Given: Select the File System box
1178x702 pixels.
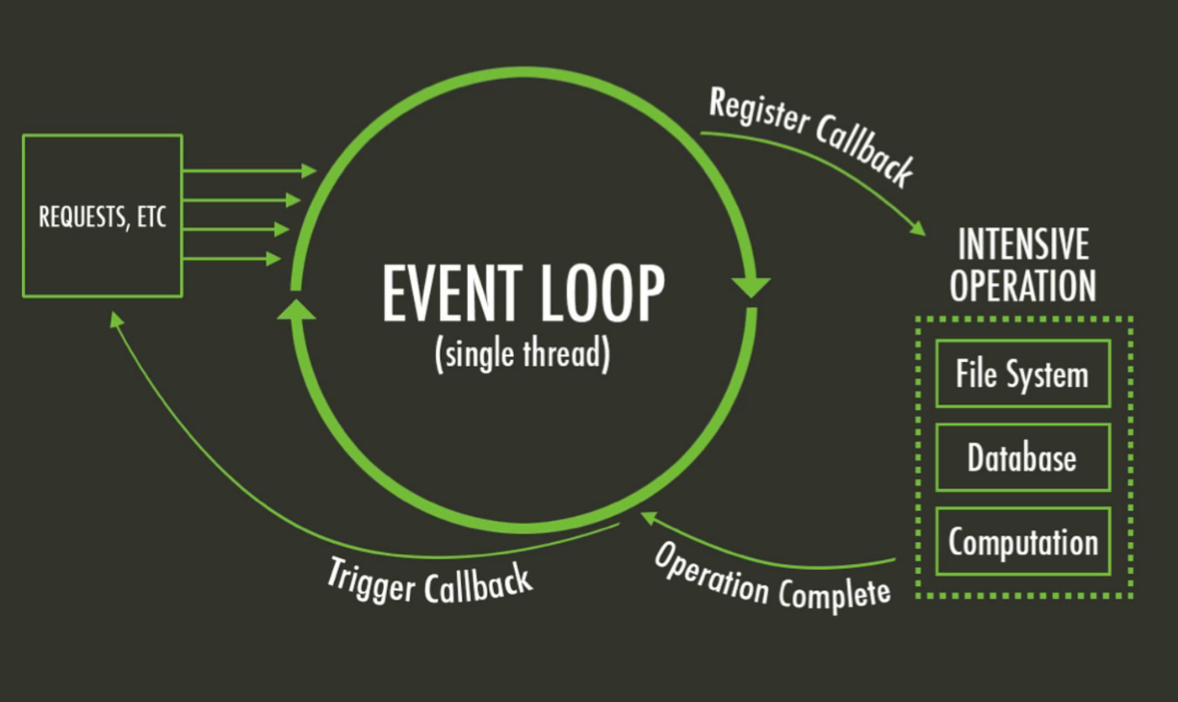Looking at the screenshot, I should pos(1022,374).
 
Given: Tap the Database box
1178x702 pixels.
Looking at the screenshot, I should pos(1022,458).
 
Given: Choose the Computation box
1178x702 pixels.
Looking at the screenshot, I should pos(1022,541).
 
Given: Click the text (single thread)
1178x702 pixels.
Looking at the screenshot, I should pos(522,354).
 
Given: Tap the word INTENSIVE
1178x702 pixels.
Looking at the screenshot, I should pos(1023,244).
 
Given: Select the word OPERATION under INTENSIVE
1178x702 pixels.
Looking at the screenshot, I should pos(1023,285).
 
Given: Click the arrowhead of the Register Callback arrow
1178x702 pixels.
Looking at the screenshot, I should pos(918,228).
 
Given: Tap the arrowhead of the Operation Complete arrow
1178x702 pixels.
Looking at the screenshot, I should pos(647,516).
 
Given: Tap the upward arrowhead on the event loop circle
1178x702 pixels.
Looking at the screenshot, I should pos(296,309).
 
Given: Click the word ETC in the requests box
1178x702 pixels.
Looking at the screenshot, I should pos(151,217).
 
